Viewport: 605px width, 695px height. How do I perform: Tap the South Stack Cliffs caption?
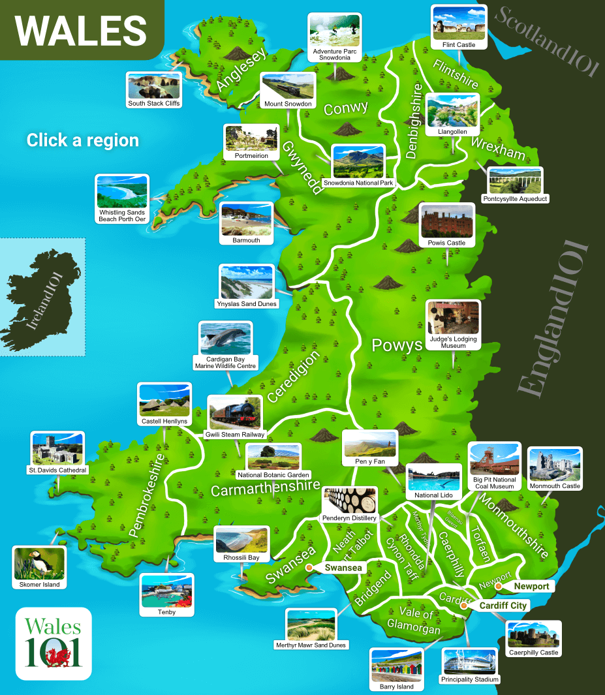click(154, 103)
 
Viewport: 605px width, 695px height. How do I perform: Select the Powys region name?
click(397, 345)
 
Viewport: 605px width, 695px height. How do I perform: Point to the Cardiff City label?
click(502, 606)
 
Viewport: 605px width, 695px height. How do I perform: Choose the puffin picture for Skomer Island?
click(40, 563)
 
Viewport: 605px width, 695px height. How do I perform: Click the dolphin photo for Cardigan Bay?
click(226, 338)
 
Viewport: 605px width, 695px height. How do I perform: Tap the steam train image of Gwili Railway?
click(236, 413)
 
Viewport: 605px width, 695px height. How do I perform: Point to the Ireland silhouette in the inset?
click(39, 297)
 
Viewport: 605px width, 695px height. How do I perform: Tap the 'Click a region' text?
click(83, 140)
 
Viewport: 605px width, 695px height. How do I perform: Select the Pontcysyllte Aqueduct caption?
click(515, 198)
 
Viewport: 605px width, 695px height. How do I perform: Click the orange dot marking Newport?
click(498, 586)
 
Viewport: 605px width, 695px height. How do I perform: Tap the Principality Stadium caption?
click(470, 679)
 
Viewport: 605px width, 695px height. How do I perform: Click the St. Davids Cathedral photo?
click(57, 448)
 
